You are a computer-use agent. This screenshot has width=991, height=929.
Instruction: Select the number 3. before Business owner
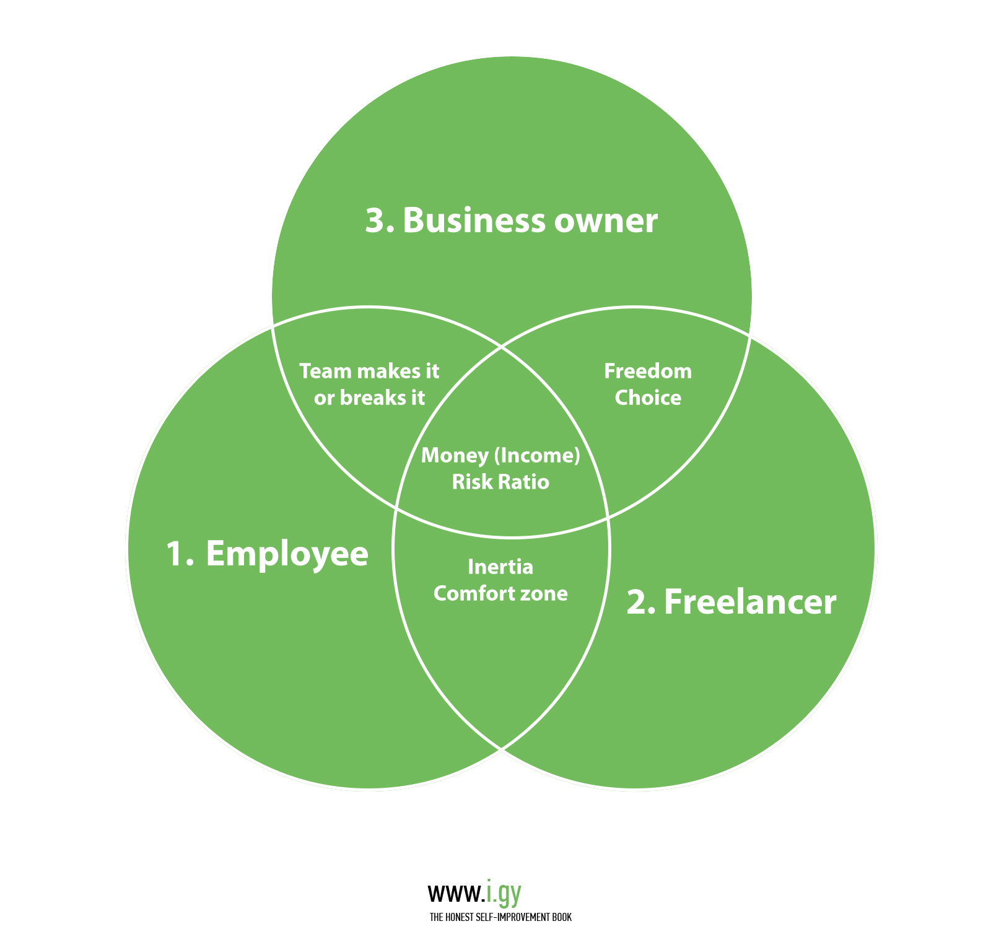379,221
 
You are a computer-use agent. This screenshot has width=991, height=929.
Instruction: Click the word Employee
287,554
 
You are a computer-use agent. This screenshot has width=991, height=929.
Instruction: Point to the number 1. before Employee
180,553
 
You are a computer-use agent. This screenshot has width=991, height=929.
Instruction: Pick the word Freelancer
749,602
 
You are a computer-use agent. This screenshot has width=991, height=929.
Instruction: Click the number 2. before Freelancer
640,603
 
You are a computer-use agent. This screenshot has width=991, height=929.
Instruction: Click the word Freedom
648,371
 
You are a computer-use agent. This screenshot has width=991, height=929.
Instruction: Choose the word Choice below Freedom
648,398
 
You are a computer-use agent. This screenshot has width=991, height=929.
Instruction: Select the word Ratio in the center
523,482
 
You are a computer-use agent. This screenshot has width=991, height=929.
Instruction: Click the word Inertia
500,567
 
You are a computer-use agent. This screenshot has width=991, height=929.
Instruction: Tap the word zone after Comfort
544,593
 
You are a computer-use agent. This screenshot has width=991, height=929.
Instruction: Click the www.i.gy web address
474,894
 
